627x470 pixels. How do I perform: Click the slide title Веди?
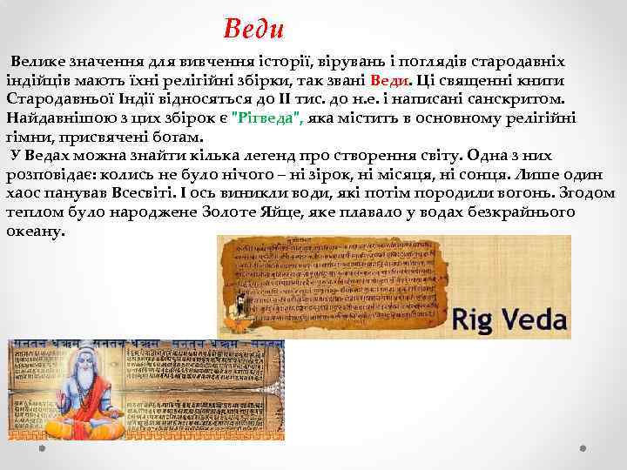click(x=254, y=29)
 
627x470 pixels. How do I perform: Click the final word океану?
click(x=36, y=232)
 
